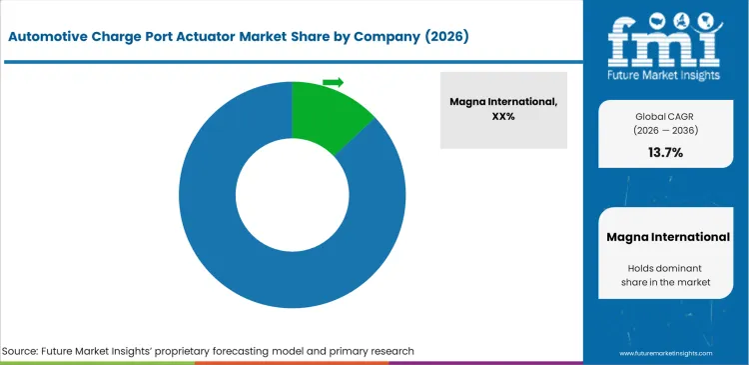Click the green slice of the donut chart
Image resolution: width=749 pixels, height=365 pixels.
coord(328,114)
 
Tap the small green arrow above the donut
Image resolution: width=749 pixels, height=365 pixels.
coord(334,82)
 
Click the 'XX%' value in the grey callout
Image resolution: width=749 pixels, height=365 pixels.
coord(503,116)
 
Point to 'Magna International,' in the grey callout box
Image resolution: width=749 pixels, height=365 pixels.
coord(503,101)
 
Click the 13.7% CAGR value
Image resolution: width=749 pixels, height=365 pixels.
coord(664,152)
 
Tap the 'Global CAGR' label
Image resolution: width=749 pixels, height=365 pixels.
coord(664,117)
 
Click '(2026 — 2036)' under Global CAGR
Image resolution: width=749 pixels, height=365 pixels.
coord(664,131)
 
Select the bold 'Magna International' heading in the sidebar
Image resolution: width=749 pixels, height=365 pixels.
coord(668,237)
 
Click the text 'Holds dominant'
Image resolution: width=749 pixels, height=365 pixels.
coord(668,268)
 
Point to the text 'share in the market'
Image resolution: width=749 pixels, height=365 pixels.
coord(668,283)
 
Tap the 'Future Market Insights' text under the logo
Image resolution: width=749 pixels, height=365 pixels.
coord(664,76)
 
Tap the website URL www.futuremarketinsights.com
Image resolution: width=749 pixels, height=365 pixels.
coord(664,353)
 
